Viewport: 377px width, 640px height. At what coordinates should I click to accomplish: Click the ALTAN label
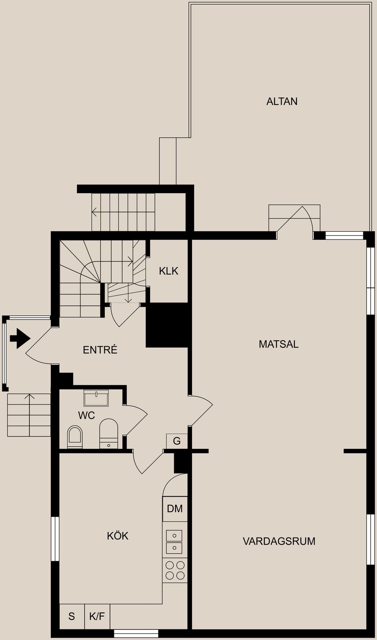pyautogui.click(x=282, y=101)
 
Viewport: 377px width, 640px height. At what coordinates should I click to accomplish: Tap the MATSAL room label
pyautogui.click(x=278, y=344)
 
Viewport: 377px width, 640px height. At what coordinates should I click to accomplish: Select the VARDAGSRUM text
pyautogui.click(x=279, y=541)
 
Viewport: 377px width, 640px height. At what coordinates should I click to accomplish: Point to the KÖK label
pyautogui.click(x=117, y=536)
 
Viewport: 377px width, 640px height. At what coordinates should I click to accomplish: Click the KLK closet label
pyautogui.click(x=168, y=271)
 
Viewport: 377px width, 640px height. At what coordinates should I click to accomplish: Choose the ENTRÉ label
pyautogui.click(x=100, y=350)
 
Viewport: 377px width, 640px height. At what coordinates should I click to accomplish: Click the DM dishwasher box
pyautogui.click(x=175, y=509)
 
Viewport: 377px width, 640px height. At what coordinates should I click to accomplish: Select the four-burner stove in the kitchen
pyautogui.click(x=175, y=570)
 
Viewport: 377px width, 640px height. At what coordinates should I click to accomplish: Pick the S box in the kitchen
pyautogui.click(x=71, y=616)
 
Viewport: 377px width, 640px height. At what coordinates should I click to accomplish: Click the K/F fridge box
pyautogui.click(x=97, y=616)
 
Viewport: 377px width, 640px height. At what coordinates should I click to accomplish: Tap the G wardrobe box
pyautogui.click(x=177, y=441)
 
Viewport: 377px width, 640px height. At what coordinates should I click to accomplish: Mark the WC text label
pyautogui.click(x=86, y=415)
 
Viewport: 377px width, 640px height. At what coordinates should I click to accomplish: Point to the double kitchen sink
pyautogui.click(x=174, y=542)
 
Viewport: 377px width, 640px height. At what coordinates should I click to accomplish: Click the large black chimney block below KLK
pyautogui.click(x=167, y=325)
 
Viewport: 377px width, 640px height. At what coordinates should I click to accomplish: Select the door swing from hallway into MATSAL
pyautogui.click(x=201, y=410)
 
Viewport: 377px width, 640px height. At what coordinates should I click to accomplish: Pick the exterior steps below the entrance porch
pyautogui.click(x=29, y=415)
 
